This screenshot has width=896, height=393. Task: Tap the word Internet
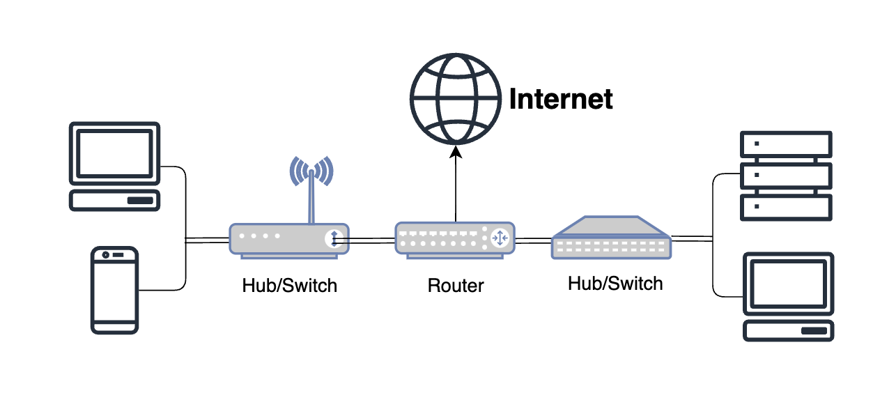pyautogui.click(x=561, y=99)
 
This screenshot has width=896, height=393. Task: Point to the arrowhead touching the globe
pyautogui.click(x=455, y=151)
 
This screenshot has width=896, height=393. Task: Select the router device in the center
pyautogui.click(x=454, y=239)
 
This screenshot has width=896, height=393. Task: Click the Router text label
pyautogui.click(x=456, y=285)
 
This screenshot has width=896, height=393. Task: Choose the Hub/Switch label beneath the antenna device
pyautogui.click(x=289, y=285)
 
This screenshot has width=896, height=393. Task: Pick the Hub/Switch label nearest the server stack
pyautogui.click(x=615, y=283)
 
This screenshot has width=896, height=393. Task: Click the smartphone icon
pyautogui.click(x=116, y=288)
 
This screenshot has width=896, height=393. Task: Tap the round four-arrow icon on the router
pyautogui.click(x=500, y=238)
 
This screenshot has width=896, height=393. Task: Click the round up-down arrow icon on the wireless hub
pyautogui.click(x=334, y=239)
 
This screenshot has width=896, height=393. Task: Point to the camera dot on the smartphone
pyautogui.click(x=105, y=255)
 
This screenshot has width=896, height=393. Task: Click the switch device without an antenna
pyautogui.click(x=611, y=238)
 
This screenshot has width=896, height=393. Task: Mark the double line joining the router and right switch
pyautogui.click(x=533, y=240)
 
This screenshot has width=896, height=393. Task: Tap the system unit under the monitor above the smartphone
pyautogui.click(x=115, y=200)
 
